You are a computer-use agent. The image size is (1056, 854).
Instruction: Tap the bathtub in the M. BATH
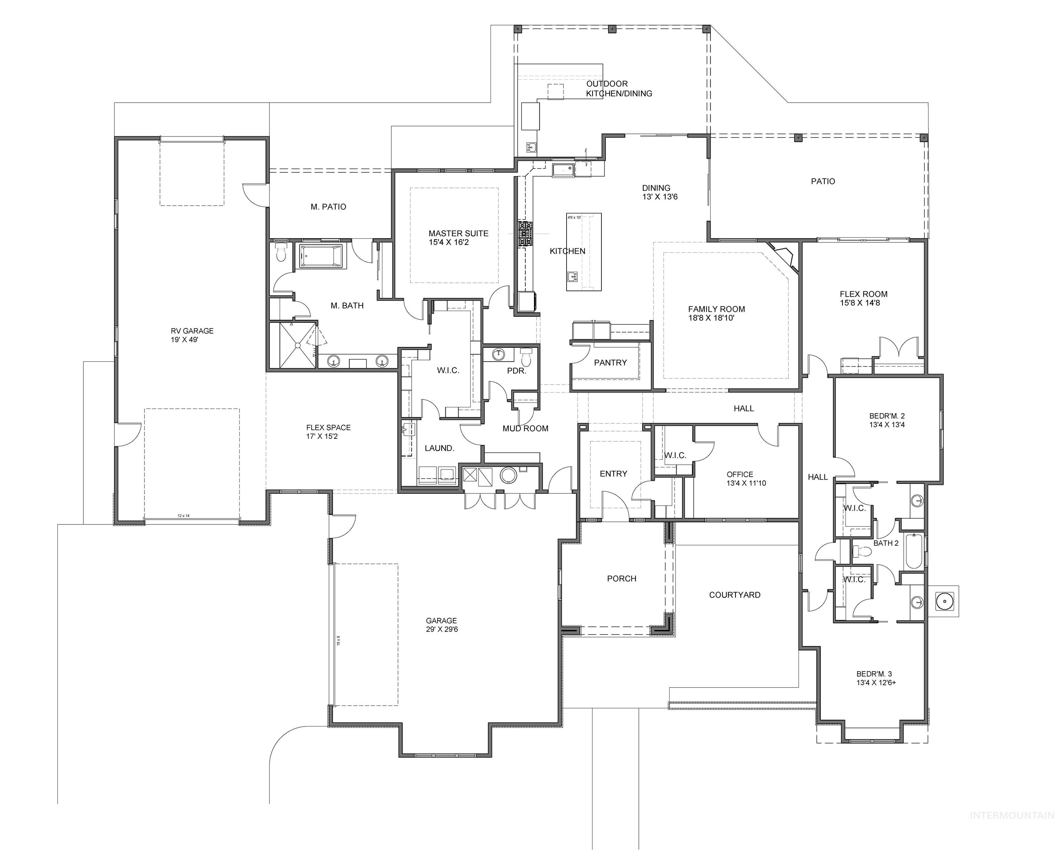321,256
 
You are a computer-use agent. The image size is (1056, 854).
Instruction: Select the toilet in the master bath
281,252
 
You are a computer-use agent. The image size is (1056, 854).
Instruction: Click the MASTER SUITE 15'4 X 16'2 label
458,238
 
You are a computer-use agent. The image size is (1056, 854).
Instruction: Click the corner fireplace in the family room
783,256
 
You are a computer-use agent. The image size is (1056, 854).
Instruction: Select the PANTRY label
610,363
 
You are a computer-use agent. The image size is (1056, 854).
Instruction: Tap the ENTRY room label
613,474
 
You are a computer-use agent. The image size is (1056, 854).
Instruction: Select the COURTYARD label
734,595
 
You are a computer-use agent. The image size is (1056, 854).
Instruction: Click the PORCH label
621,579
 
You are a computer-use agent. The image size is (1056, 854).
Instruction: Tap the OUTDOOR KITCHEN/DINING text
618,89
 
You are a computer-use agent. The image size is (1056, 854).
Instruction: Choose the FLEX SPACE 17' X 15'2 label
328,432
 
